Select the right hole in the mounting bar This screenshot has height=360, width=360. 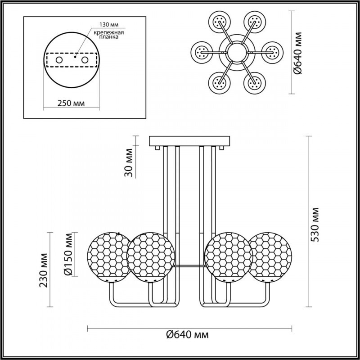pos(84,59)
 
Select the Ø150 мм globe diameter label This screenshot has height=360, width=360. pos(68,254)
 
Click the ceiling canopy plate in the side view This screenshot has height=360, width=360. pos(187,140)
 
